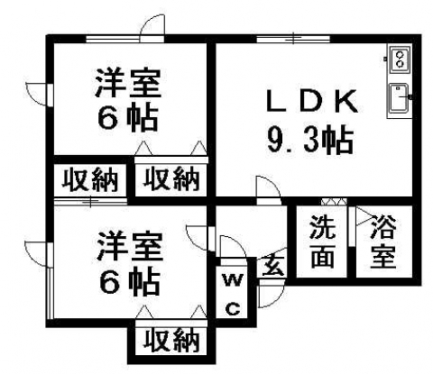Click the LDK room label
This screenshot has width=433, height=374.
[312, 101]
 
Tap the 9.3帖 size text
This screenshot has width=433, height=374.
[310, 141]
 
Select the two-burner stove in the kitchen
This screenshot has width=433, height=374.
[400, 59]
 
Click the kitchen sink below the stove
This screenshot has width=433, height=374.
[399, 98]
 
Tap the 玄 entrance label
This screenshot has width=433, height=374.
[272, 266]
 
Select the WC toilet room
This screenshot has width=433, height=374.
[232, 295]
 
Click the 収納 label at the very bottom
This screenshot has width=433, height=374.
[171, 341]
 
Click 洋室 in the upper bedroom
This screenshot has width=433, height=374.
[128, 83]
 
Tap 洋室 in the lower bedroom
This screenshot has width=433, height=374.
[130, 246]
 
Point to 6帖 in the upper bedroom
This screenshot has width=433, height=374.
[128, 117]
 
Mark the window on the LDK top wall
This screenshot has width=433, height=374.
[293, 39]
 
